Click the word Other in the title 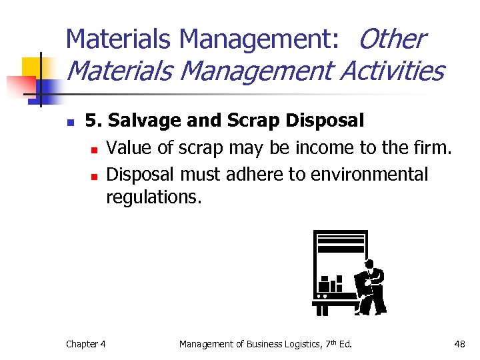point(391,39)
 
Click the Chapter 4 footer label point(85,344)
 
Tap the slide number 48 point(459,344)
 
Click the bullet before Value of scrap point(95,149)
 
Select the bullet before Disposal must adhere point(95,176)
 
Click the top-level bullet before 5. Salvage point(71,123)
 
